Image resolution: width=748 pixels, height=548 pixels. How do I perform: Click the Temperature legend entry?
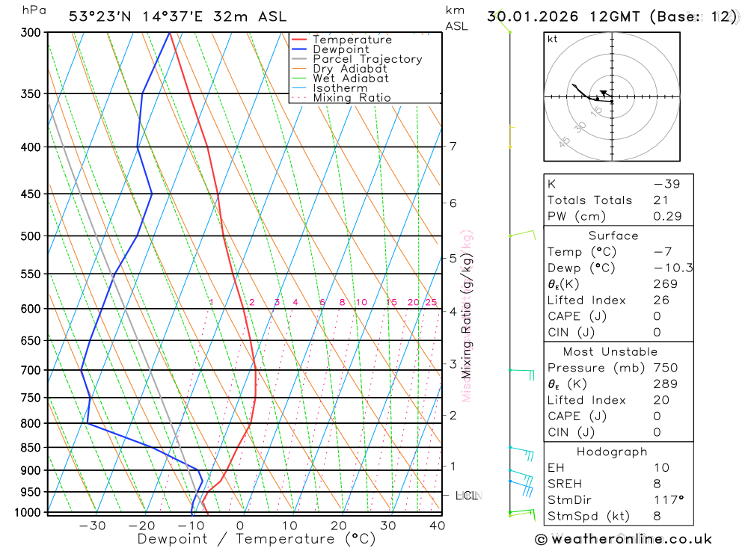(x=352, y=40)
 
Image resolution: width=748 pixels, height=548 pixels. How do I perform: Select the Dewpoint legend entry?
(x=340, y=49)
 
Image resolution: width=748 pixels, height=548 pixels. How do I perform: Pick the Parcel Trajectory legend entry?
(x=367, y=59)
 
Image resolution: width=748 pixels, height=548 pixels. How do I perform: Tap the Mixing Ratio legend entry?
(x=352, y=98)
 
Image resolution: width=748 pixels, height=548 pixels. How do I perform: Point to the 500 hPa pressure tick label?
(x=30, y=236)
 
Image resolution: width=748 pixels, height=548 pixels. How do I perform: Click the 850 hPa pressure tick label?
(x=30, y=448)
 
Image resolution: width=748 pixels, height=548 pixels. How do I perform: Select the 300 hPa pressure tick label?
(x=30, y=33)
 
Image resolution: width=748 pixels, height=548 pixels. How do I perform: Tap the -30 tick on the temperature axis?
(x=92, y=526)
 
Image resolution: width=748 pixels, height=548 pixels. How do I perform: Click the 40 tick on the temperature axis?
(x=437, y=526)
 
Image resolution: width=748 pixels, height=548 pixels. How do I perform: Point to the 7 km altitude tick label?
(x=453, y=146)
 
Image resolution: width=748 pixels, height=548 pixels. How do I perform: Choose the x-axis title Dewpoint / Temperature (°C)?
(x=257, y=538)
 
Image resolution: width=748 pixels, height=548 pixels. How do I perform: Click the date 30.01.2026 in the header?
(x=530, y=16)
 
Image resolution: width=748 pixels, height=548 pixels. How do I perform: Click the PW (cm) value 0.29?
(x=667, y=217)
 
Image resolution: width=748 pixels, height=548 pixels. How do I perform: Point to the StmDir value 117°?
(x=664, y=499)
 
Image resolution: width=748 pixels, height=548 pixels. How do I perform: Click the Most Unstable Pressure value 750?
(x=665, y=368)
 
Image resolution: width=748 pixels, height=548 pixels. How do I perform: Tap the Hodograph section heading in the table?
(x=613, y=452)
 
